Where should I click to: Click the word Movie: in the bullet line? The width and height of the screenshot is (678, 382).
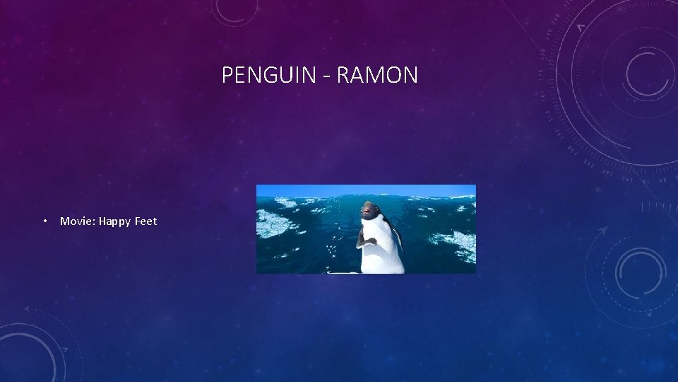(x=78, y=221)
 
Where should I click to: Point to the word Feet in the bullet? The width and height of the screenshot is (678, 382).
(x=145, y=221)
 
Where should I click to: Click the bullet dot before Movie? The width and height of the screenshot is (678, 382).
(x=44, y=222)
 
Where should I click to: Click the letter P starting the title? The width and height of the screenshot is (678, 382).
(x=227, y=75)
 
